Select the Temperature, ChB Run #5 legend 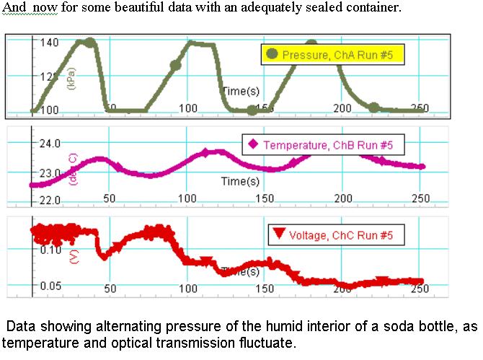(322, 145)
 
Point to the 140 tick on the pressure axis (49, 42)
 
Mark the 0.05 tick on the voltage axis (50, 286)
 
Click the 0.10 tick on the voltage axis (50, 250)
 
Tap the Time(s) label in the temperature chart (240, 181)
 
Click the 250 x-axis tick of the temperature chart (420, 198)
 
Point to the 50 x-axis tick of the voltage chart (110, 289)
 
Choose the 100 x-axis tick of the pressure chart (187, 108)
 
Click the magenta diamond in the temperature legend (253, 144)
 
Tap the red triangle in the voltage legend (278, 234)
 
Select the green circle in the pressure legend (272, 54)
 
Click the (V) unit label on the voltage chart (73, 257)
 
